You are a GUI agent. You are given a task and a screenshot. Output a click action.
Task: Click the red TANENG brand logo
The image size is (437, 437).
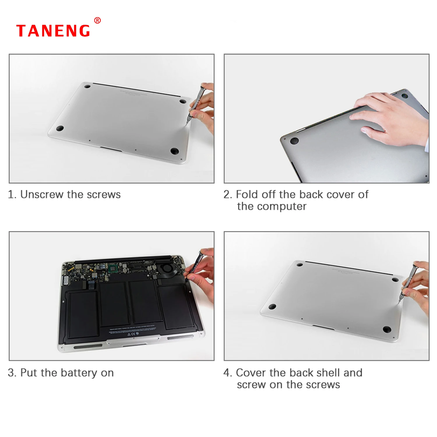[53, 31]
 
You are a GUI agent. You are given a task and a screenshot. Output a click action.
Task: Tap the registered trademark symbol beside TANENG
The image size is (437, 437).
[98, 20]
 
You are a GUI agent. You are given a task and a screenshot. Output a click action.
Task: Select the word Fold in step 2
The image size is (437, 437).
[247, 194]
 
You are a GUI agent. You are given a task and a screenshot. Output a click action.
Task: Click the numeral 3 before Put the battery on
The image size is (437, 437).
[11, 373]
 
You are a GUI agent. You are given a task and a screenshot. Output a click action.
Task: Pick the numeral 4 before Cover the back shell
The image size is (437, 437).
[227, 373]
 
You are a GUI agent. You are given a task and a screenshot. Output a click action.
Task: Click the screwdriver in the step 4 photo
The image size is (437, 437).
[408, 283]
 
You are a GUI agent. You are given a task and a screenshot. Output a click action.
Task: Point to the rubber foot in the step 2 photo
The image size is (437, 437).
[294, 141]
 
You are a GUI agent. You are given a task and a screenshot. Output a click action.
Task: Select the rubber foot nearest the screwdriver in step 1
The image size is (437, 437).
[183, 101]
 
